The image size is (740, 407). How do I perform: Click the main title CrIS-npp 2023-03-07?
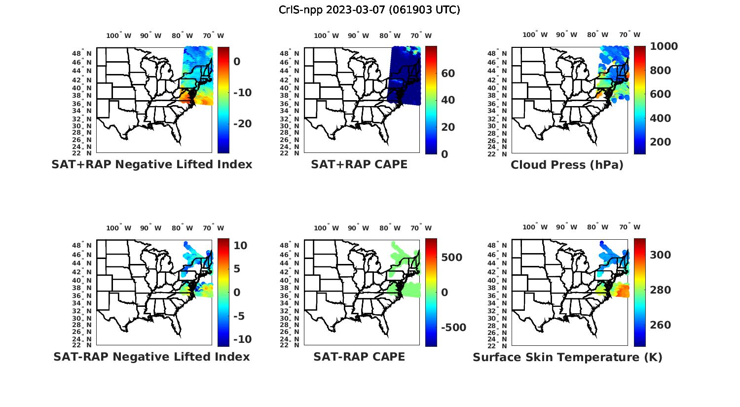tap(369, 10)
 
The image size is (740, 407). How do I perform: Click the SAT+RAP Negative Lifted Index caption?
tap(152, 165)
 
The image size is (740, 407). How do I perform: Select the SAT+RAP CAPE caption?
tap(359, 165)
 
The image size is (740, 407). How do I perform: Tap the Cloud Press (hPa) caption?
tap(567, 165)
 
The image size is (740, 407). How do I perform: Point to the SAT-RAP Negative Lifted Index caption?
tap(151, 357)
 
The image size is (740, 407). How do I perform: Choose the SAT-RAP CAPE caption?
tap(359, 357)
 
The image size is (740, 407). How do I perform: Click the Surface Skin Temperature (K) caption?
tap(567, 357)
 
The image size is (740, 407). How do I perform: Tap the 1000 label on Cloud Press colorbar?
tap(664, 46)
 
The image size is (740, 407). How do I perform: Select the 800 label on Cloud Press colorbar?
tap(661, 71)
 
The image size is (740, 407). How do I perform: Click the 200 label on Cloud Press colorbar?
tap(661, 142)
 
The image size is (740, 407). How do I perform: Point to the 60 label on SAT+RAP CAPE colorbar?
tap(448, 74)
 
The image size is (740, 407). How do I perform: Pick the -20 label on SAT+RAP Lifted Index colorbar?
tap(242, 124)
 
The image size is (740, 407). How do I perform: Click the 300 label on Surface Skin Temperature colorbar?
tap(661, 255)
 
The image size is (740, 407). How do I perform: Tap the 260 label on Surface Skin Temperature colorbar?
tap(661, 325)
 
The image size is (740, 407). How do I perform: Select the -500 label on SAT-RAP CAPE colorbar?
tap(452, 328)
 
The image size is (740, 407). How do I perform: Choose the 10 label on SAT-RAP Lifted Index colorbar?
tap(240, 246)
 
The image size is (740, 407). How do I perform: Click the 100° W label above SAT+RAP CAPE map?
tap(326, 36)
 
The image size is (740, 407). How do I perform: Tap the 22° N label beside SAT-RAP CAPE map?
tap(294, 345)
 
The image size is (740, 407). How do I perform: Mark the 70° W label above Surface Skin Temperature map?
tap(629, 227)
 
